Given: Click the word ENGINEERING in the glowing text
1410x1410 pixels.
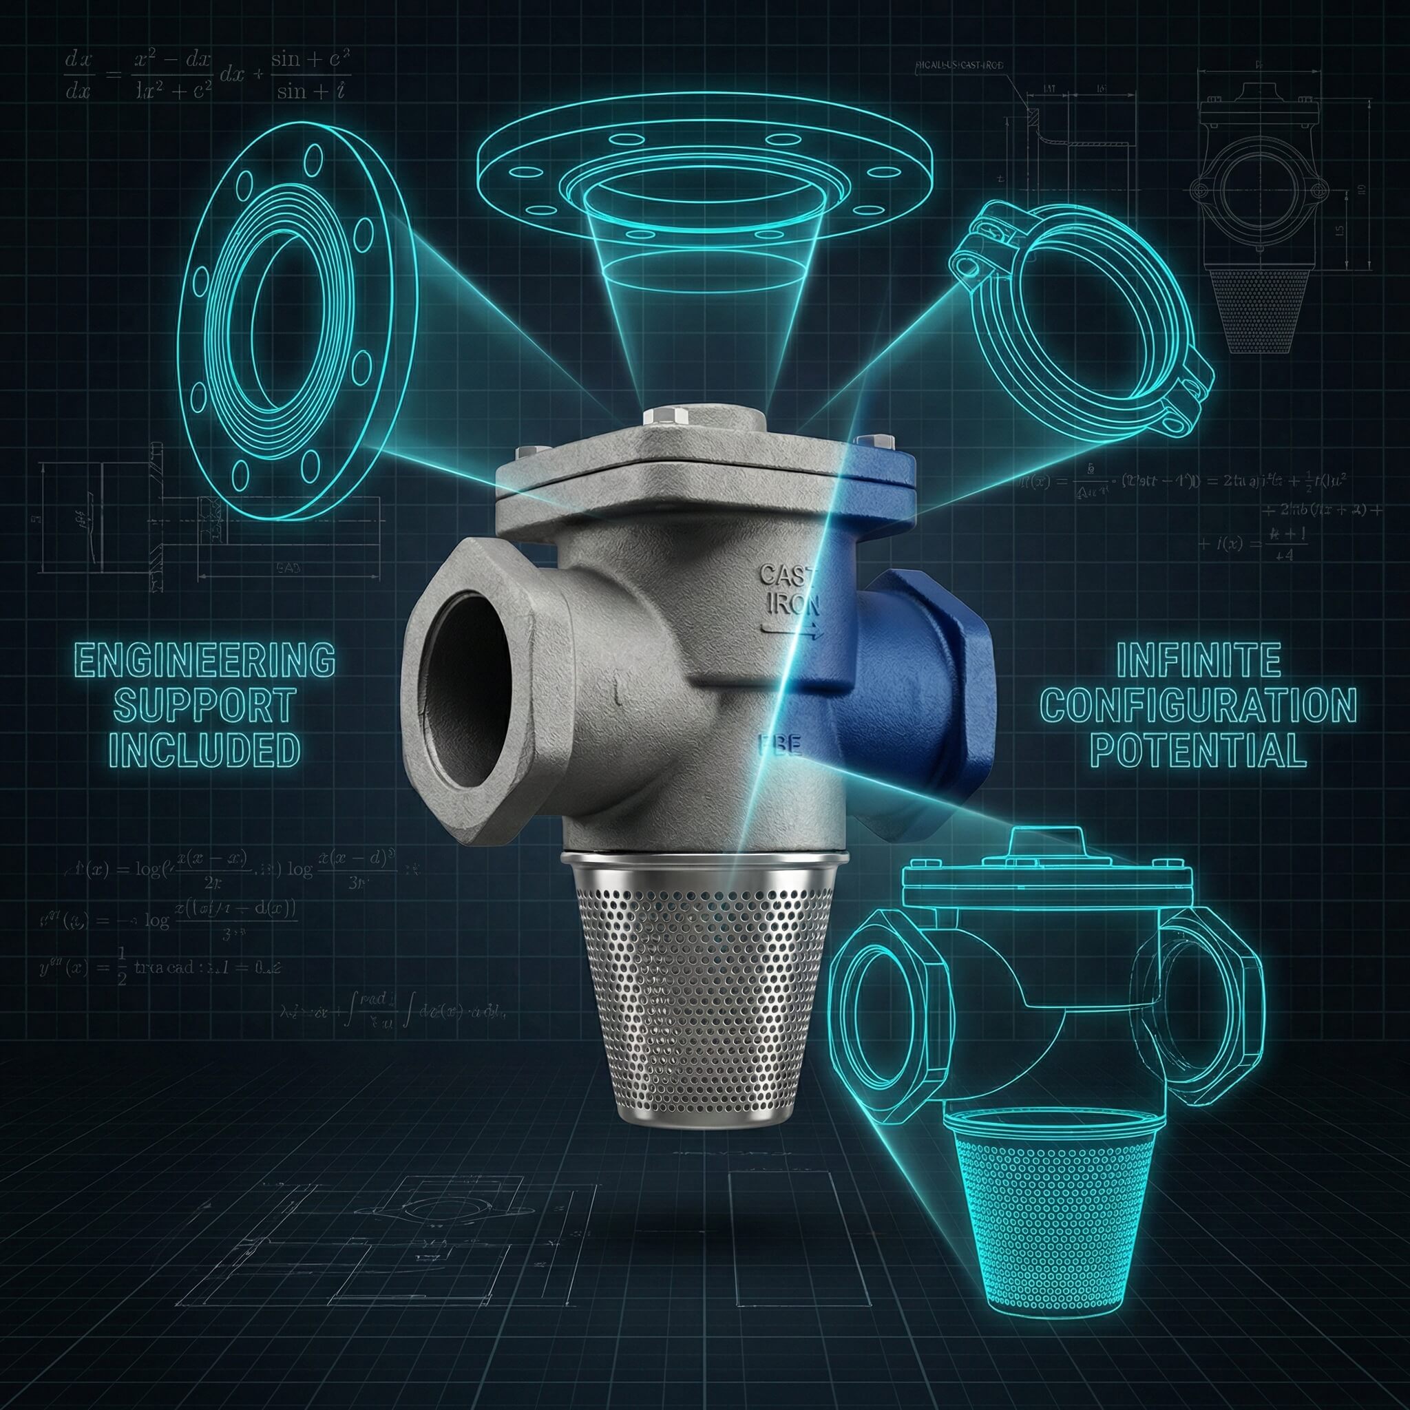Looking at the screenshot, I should [205, 660].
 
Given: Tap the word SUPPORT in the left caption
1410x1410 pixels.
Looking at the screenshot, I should [204, 705].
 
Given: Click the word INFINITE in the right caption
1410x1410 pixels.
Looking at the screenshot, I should [1199, 660].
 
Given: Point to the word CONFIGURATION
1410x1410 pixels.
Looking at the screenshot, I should [1199, 705].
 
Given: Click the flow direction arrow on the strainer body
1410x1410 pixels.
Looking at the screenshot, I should [792, 632].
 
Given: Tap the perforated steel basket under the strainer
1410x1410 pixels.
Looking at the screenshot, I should [701, 1000].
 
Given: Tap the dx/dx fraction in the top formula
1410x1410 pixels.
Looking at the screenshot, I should [77, 75].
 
